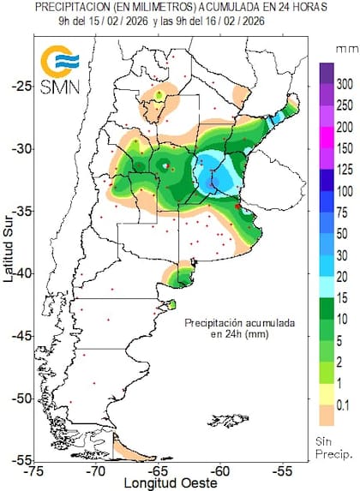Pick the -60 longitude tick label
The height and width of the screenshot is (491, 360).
click(x=221, y=470)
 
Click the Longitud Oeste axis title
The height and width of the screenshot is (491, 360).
click(x=159, y=482)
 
